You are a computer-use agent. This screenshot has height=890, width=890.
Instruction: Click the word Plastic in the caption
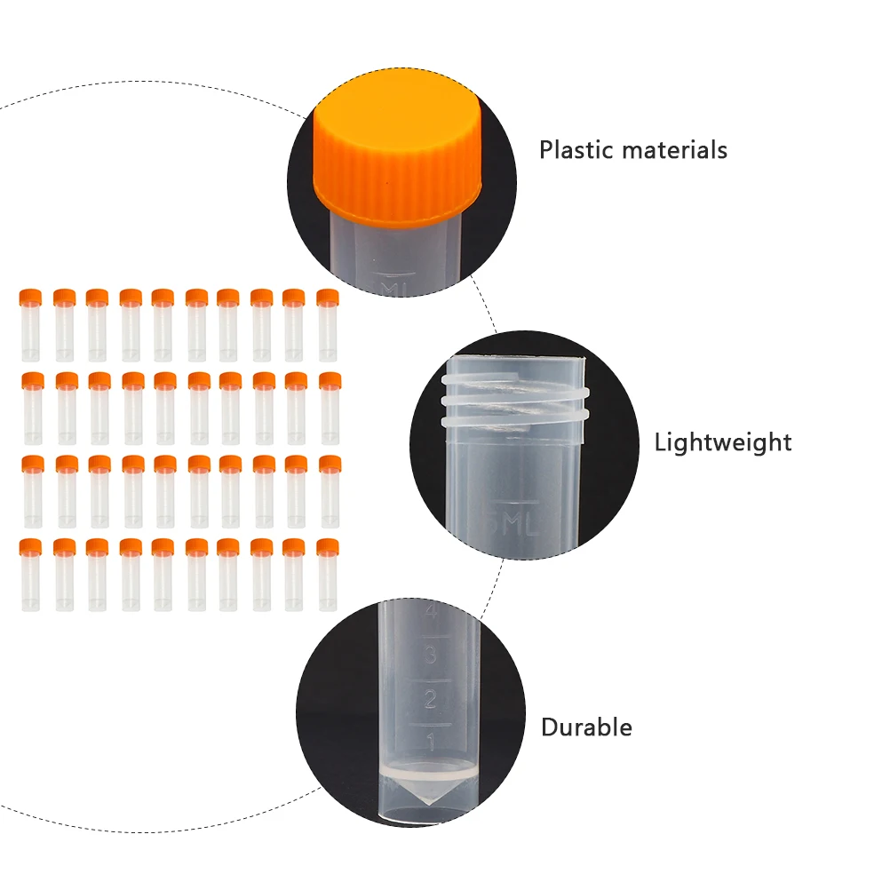click(576, 150)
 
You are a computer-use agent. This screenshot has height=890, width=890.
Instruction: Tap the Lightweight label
click(723, 441)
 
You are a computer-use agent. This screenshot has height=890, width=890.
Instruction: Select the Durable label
click(586, 727)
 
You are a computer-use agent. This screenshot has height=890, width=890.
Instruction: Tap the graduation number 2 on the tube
click(430, 699)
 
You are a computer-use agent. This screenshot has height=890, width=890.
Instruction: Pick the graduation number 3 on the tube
click(430, 656)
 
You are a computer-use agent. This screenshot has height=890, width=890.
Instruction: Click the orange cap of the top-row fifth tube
click(163, 297)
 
